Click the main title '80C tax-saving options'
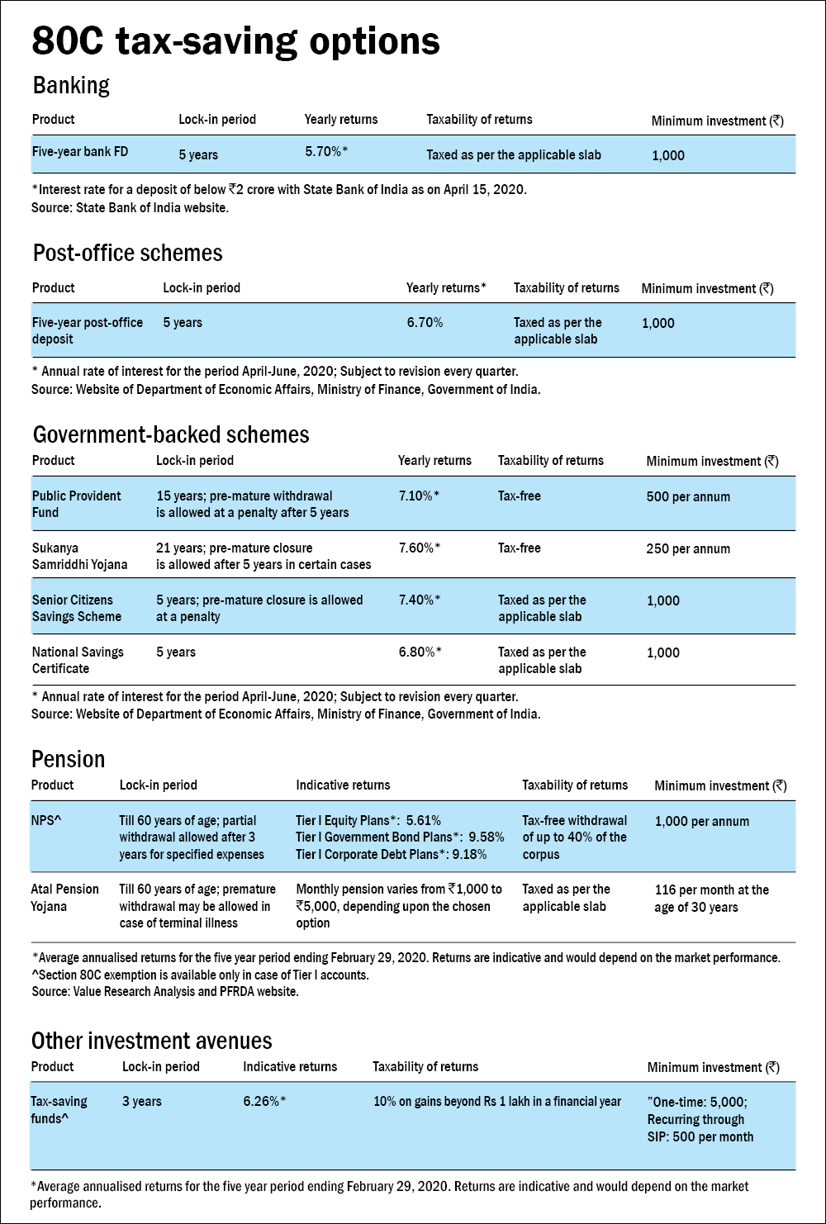click(x=235, y=41)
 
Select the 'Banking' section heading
click(x=71, y=85)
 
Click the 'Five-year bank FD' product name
click(x=80, y=152)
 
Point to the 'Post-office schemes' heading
click(x=128, y=253)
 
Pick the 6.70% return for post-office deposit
click(x=425, y=322)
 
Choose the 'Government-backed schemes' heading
click(x=171, y=434)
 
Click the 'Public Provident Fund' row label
click(x=76, y=504)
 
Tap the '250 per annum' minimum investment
click(x=688, y=549)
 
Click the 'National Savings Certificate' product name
click(x=78, y=660)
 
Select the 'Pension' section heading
click(x=69, y=759)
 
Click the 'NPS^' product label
click(x=47, y=821)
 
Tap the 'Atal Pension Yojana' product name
click(x=65, y=898)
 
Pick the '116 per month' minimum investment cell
click(x=711, y=899)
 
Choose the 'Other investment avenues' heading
click(x=152, y=1041)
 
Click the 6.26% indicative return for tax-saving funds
click(x=264, y=1102)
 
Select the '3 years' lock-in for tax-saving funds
click(x=142, y=1102)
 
